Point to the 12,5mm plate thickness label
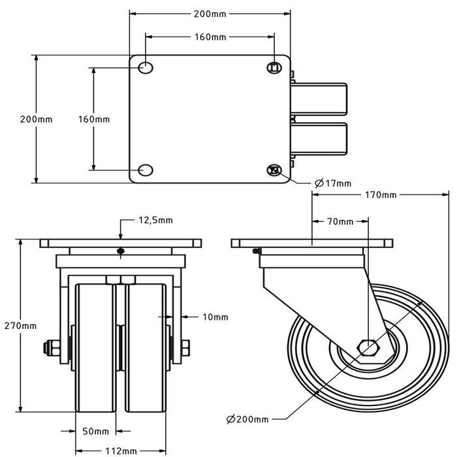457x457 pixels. click(155, 221)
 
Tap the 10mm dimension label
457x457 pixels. click(215, 317)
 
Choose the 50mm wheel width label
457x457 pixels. click(95, 432)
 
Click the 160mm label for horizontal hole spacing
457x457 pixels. click(210, 37)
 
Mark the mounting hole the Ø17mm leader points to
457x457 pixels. click(274, 170)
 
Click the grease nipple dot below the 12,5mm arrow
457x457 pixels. click(120, 251)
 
